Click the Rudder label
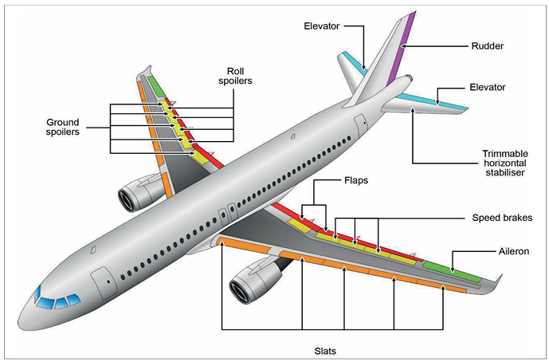click(488, 46)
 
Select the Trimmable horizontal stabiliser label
click(505, 163)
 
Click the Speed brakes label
click(502, 218)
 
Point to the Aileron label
click(514, 251)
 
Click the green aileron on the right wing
click(453, 272)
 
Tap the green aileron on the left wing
click(156, 86)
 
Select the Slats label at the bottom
click(325, 351)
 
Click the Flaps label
click(356, 180)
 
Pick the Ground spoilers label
click(63, 127)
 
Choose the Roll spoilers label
click(235, 76)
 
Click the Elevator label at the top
click(321, 26)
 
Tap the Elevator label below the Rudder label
click(488, 87)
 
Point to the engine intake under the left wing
click(127, 200)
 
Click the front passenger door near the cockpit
click(104, 283)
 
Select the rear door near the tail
click(361, 125)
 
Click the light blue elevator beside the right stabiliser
click(433, 101)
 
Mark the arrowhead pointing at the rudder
click(403, 46)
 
